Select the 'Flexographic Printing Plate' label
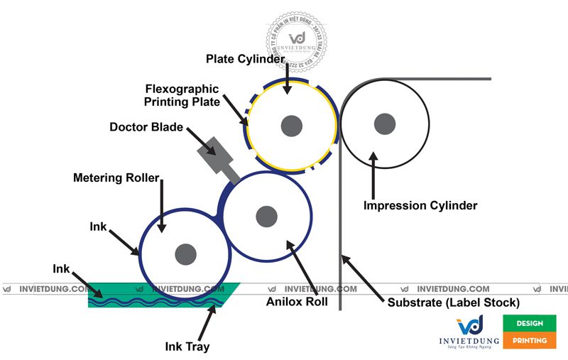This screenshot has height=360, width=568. [182, 95]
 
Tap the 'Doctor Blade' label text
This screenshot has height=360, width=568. [146, 127]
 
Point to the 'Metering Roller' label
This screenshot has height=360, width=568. [116, 177]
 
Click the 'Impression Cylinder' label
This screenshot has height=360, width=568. [420, 205]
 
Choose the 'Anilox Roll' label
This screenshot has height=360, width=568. [297, 300]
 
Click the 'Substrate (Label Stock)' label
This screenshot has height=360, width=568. [454, 302]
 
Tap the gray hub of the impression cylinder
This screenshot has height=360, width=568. [385, 123]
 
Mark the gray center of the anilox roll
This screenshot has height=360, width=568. [266, 214]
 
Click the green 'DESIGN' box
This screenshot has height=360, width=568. [530, 323]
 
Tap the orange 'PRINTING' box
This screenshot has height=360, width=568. [530, 340]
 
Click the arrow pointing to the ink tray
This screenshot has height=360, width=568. [206, 323]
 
